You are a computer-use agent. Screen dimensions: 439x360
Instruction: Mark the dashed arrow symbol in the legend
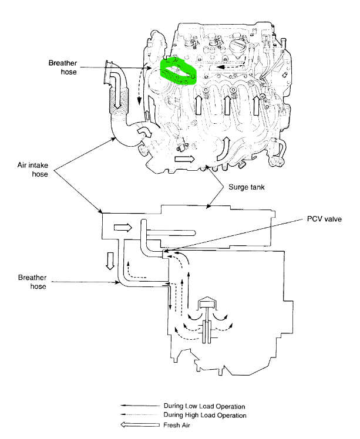point(136,415)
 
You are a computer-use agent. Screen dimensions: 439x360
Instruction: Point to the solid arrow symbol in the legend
point(136,406)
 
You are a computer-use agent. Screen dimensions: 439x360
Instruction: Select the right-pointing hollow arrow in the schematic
point(123,227)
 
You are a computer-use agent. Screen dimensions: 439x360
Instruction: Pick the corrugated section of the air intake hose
point(121,97)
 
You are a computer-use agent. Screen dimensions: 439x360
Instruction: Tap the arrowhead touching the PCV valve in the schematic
point(166,252)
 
